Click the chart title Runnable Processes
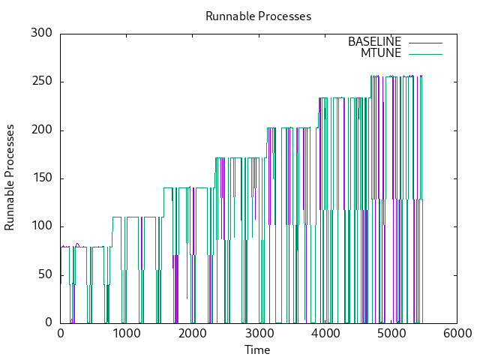point(258,16)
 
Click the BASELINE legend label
point(374,42)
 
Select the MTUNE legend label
point(381,53)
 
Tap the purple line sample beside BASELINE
point(425,42)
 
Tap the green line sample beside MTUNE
point(425,53)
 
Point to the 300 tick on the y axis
point(41,34)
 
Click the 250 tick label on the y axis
point(41,82)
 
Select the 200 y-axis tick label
point(41,130)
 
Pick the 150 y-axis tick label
point(41,178)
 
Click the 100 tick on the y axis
point(41,226)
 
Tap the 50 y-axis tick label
point(45,275)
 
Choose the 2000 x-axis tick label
point(192,334)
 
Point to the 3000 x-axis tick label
point(258,334)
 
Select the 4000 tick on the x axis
point(325,334)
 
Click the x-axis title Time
point(258,350)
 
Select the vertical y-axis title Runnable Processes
point(10,178)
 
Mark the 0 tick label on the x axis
point(60,334)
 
